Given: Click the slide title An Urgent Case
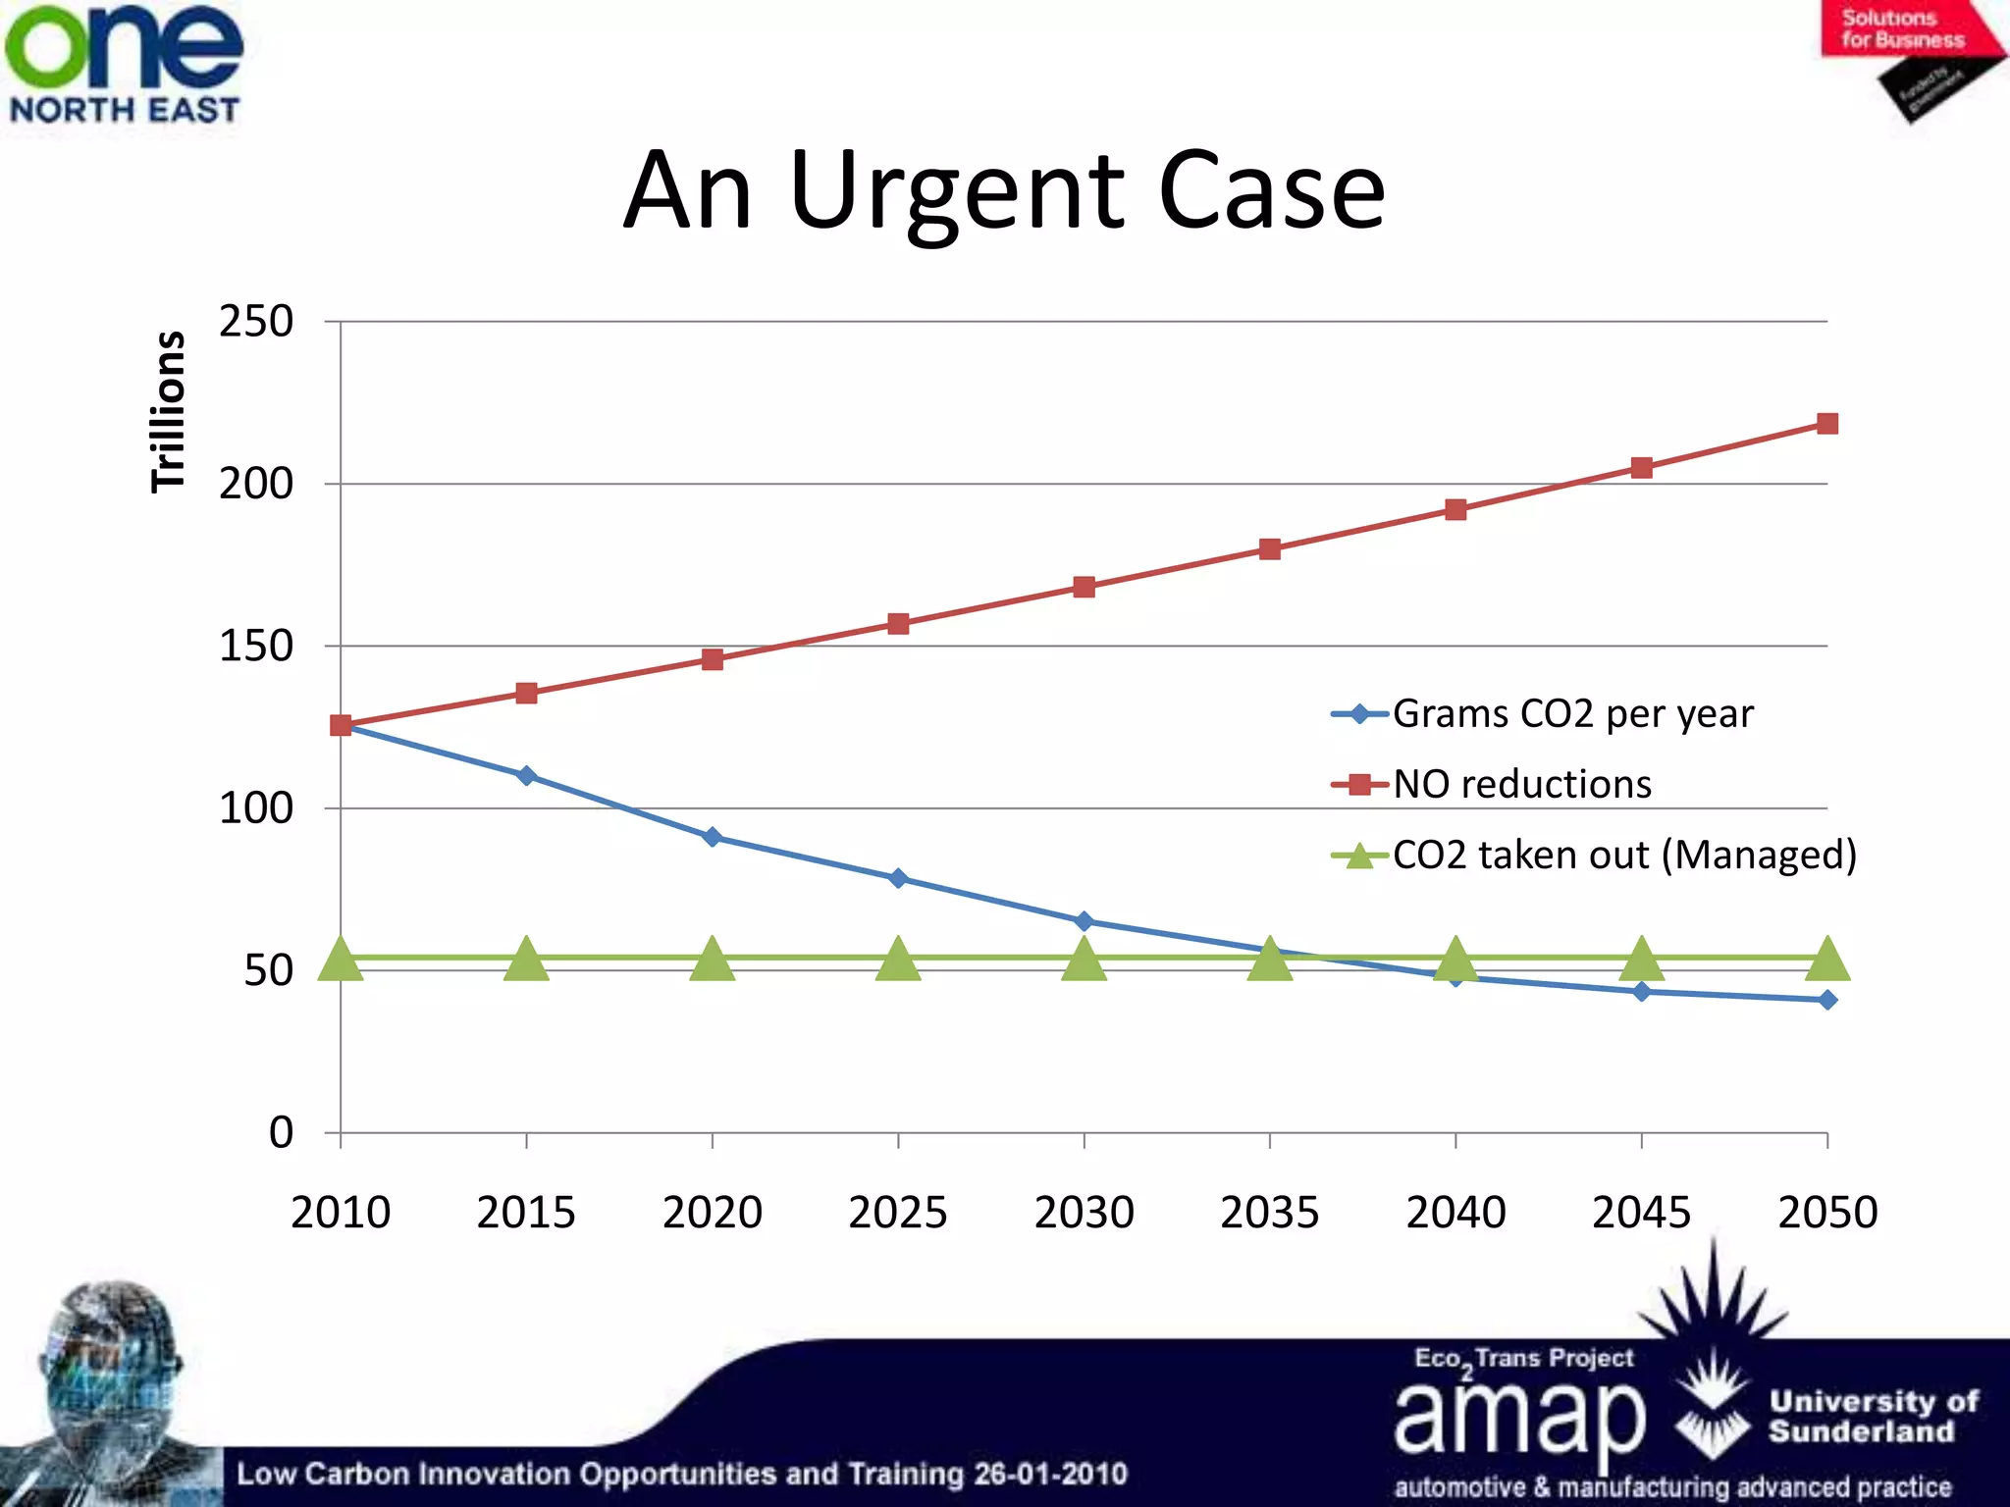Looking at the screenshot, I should point(1004,191).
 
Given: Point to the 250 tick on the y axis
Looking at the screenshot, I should point(256,322).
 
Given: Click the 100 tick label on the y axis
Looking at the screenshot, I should point(256,808).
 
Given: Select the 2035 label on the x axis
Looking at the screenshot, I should point(1269,1213).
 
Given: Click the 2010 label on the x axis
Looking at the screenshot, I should point(341,1213).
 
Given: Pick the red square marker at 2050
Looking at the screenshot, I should point(1826,424).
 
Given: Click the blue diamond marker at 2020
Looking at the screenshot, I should point(713,837).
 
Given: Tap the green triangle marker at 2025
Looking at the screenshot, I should point(898,960).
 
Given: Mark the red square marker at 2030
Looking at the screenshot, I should point(1084,587).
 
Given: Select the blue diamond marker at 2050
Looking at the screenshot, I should point(1826,1000).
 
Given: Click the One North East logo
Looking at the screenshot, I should point(124,64).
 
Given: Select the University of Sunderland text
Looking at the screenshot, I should point(1873,1416).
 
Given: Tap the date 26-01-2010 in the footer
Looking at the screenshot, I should point(1050,1474).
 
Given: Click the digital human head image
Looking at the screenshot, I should point(110,1383).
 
